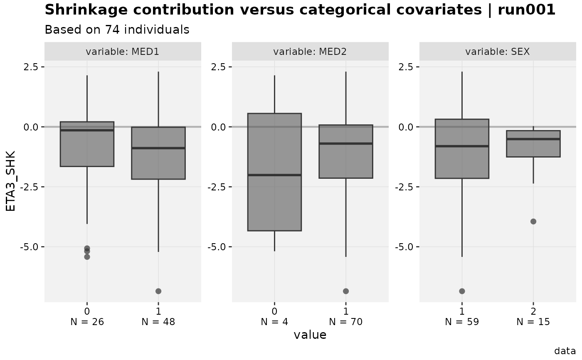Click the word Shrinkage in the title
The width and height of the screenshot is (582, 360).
(x=86, y=10)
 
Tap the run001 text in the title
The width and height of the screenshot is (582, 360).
(x=526, y=10)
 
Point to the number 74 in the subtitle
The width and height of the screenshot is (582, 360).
(x=112, y=30)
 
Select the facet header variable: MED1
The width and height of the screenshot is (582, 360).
(x=122, y=52)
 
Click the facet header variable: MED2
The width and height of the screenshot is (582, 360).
(x=310, y=52)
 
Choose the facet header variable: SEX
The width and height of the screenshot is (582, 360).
(x=498, y=52)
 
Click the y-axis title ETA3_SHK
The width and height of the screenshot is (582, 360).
(x=10, y=181)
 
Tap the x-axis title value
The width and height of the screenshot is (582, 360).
(x=310, y=335)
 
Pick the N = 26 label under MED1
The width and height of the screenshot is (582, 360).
(x=87, y=322)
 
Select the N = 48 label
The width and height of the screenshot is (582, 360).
(x=158, y=322)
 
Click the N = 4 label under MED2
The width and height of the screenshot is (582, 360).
(x=274, y=322)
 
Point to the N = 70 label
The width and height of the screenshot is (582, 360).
(x=346, y=322)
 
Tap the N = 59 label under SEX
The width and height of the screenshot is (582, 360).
(x=462, y=322)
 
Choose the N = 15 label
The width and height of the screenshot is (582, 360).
(x=533, y=322)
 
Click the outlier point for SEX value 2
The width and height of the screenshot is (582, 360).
(x=533, y=222)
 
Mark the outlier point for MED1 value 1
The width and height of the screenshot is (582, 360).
(x=158, y=291)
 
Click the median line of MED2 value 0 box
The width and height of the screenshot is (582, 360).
(x=275, y=175)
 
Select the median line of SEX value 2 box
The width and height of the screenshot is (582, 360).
(x=533, y=139)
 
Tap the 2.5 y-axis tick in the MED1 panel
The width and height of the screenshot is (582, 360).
(x=31, y=67)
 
